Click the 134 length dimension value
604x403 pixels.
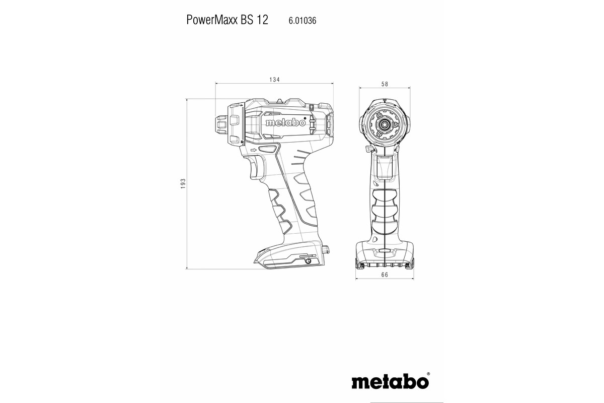(x=274, y=80)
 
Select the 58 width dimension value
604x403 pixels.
(x=384, y=84)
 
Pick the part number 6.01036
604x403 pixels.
(x=302, y=21)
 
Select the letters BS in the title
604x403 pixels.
(x=244, y=20)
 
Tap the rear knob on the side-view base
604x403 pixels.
(x=325, y=248)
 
